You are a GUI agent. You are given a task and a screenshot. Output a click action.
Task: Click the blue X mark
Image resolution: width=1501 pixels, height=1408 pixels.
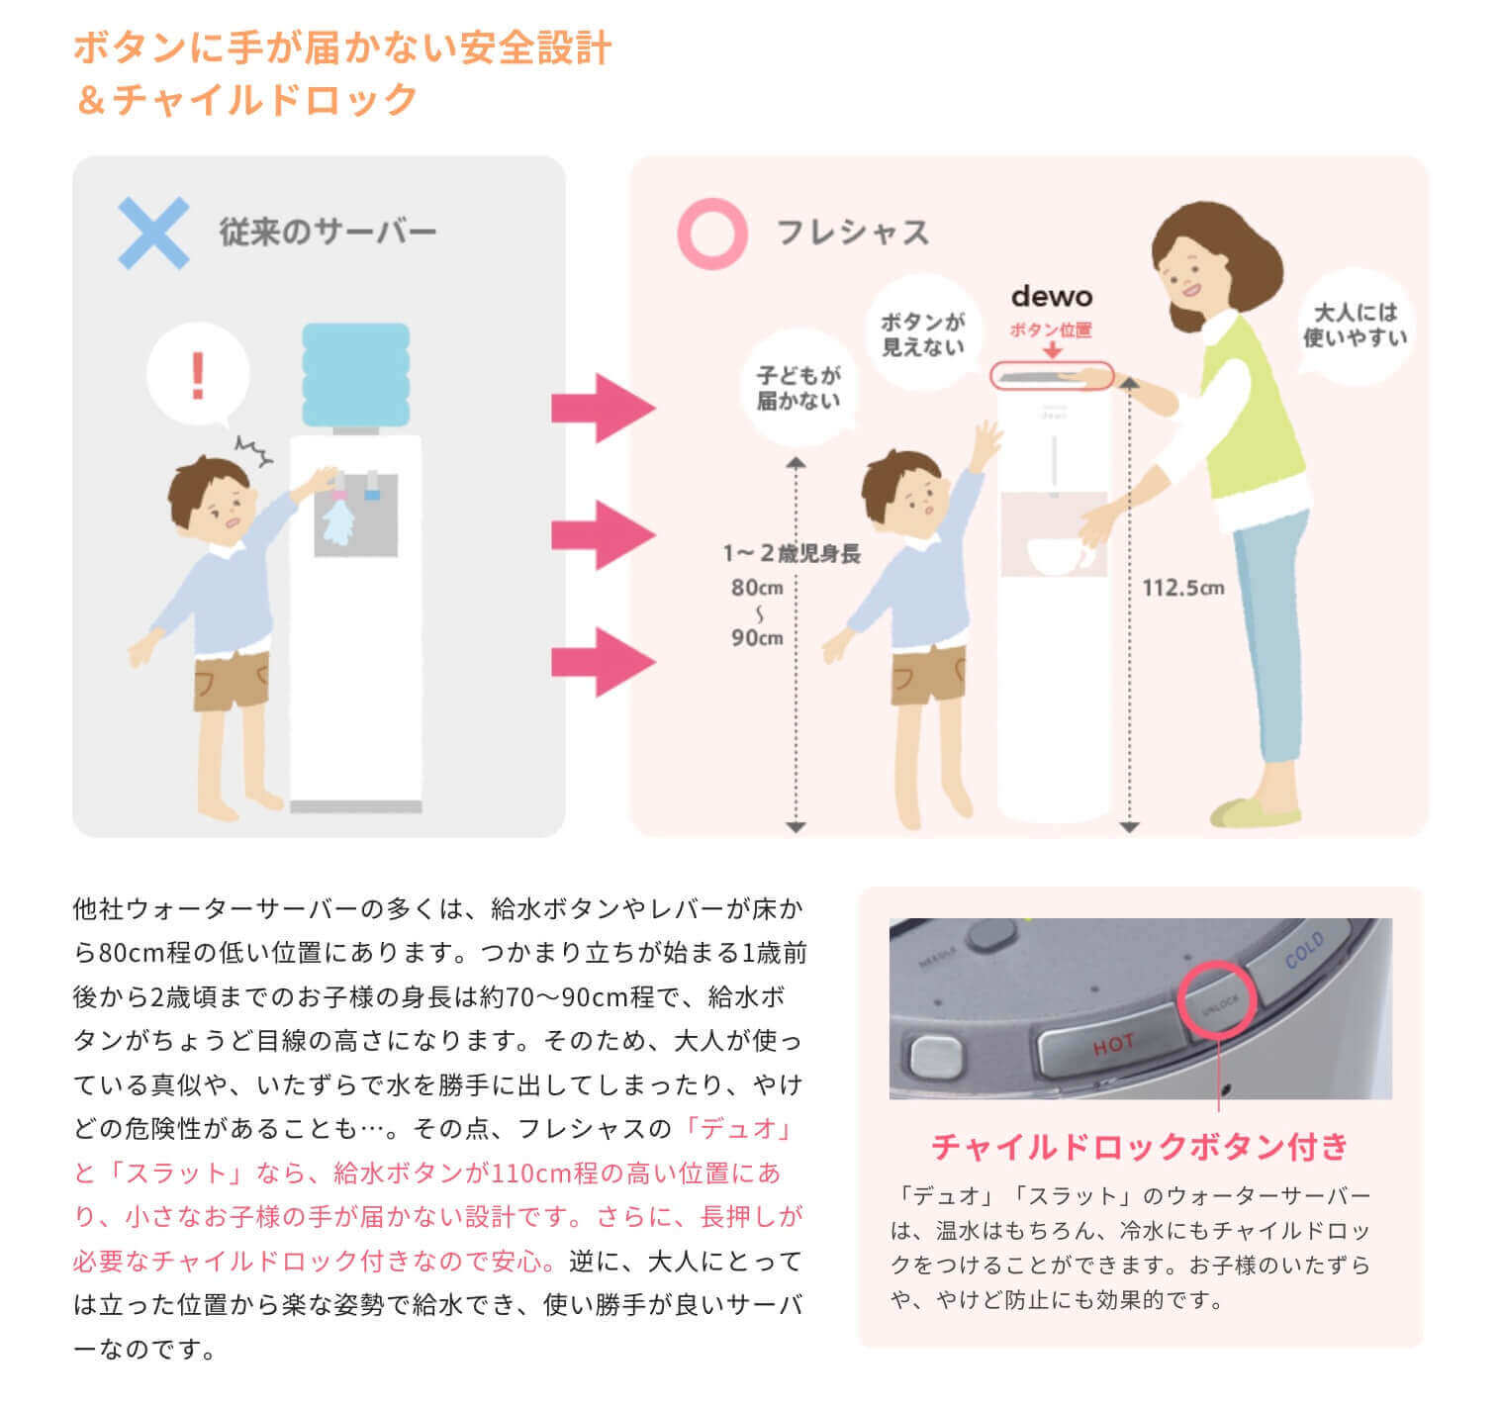click(153, 234)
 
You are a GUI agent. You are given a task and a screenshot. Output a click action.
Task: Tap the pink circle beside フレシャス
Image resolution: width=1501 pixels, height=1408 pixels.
click(711, 234)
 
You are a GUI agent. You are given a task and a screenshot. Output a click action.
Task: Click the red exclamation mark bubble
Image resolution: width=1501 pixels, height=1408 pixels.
click(198, 376)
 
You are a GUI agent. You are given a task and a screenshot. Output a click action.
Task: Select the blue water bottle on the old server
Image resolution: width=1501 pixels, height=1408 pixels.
click(355, 373)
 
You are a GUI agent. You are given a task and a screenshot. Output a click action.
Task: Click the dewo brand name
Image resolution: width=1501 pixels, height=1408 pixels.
click(1051, 297)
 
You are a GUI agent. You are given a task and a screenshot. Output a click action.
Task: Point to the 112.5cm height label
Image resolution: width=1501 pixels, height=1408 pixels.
click(1182, 588)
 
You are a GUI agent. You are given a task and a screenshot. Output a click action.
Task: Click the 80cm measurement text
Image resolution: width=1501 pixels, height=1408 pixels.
click(757, 588)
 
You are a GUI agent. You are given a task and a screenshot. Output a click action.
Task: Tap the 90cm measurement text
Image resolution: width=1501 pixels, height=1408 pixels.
click(757, 638)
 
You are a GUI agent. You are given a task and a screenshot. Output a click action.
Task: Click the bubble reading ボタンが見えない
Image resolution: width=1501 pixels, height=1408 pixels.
click(922, 333)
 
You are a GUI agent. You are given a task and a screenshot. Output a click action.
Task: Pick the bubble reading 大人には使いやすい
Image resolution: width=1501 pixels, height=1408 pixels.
click(1354, 325)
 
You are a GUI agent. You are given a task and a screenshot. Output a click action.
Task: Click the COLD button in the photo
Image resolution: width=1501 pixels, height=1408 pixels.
click(1304, 952)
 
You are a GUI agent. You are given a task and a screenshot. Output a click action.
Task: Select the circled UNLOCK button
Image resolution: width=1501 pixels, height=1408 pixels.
click(1218, 1001)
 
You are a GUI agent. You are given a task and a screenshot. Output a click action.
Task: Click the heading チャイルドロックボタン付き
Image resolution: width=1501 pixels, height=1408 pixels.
click(1140, 1146)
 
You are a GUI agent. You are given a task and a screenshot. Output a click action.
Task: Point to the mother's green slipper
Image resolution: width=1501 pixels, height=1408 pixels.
click(1255, 813)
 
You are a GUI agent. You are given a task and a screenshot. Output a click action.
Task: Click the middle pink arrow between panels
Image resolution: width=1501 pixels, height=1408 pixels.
click(602, 535)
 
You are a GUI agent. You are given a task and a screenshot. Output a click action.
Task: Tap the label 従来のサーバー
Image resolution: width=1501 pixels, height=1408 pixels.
click(328, 233)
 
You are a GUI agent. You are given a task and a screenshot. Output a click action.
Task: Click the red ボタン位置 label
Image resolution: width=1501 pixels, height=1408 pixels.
click(1050, 329)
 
